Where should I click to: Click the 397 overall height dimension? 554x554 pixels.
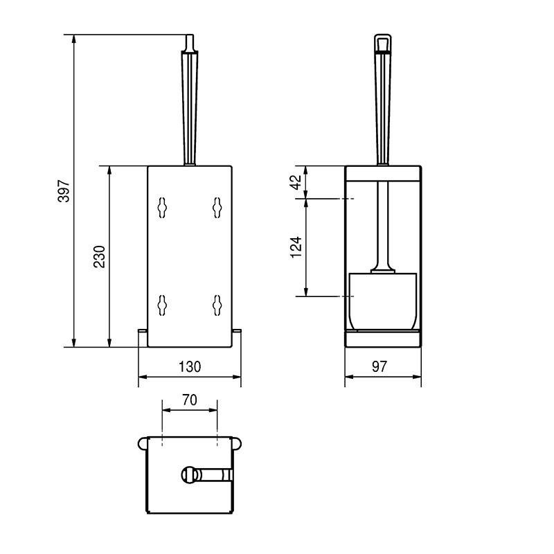tap(64, 191)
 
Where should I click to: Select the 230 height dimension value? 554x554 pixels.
tap(100, 256)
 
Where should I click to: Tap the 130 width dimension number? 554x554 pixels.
tap(190, 367)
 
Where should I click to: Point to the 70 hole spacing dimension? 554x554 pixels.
tap(190, 400)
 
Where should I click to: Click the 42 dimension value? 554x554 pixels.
tap(296, 182)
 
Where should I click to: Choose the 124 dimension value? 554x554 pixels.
tap(296, 247)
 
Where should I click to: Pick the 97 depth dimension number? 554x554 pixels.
tap(379, 367)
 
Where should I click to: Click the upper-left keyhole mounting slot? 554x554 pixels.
tap(162, 207)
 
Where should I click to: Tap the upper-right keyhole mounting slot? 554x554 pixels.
tap(217, 207)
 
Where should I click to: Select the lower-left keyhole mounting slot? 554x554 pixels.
tap(162, 305)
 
